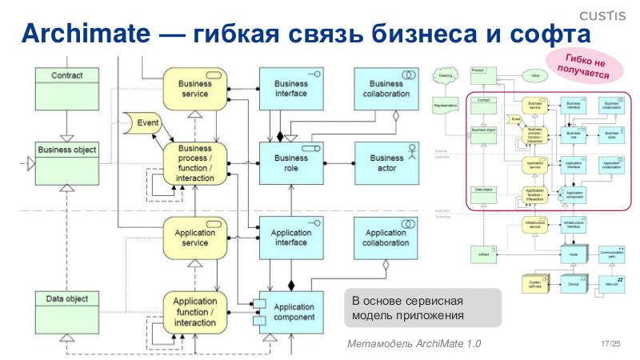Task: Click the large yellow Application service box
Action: point(195,238)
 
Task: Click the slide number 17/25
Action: point(610,344)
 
